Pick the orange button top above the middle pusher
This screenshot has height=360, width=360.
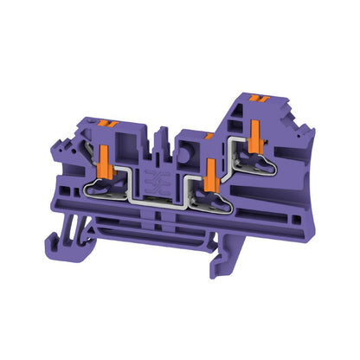(x=209, y=135)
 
